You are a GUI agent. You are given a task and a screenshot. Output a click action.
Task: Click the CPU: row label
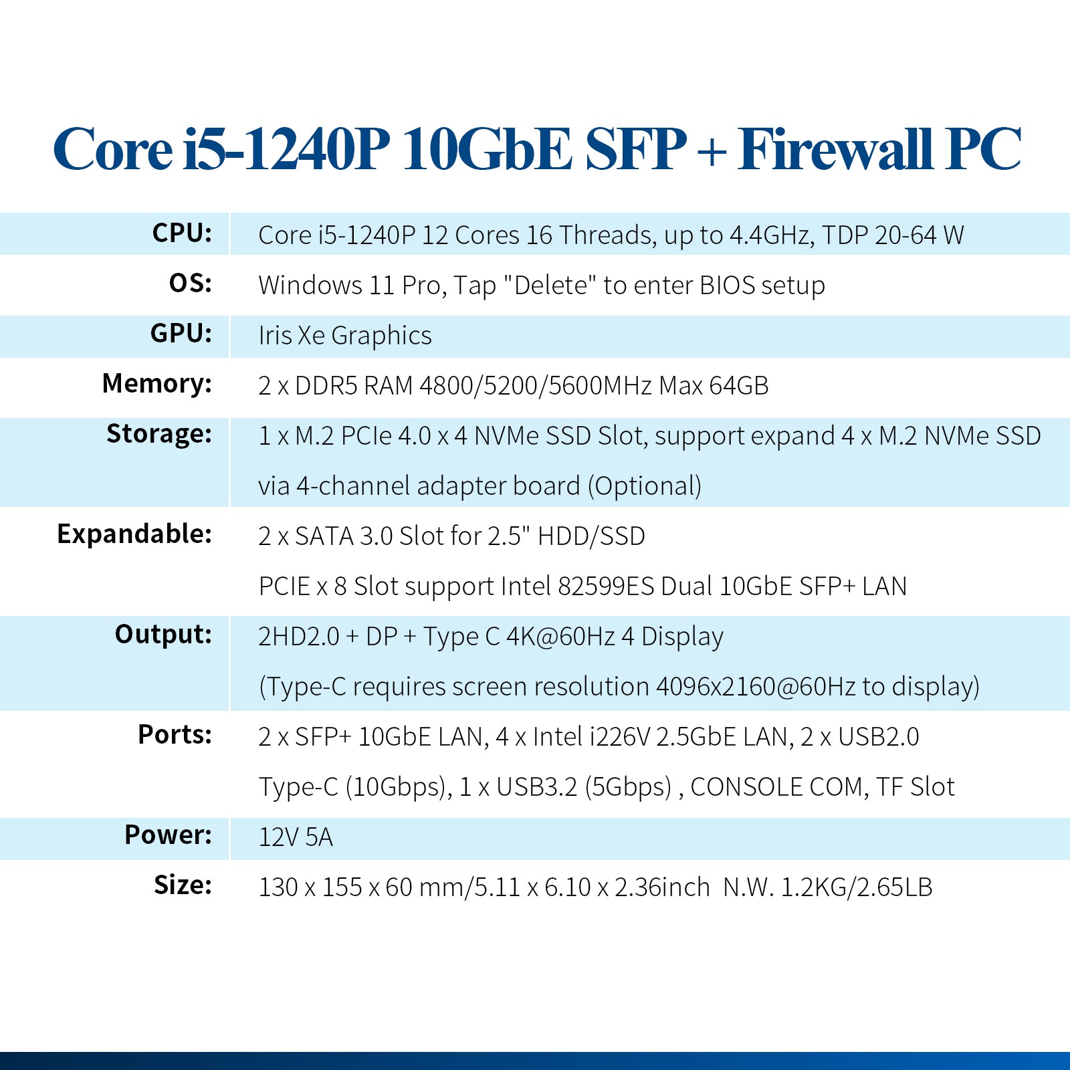tap(182, 233)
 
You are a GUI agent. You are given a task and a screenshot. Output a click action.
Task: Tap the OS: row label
tap(191, 283)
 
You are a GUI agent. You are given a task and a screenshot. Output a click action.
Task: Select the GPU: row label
tap(181, 333)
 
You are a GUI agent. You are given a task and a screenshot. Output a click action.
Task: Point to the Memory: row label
tap(157, 384)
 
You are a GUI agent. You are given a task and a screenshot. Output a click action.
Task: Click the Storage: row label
tap(159, 434)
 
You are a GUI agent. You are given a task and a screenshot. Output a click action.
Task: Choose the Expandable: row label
tap(134, 534)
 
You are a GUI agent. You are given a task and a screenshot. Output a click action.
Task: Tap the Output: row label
tap(163, 634)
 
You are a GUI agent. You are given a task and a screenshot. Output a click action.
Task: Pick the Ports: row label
tap(175, 734)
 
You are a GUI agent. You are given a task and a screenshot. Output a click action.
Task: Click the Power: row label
tap(169, 835)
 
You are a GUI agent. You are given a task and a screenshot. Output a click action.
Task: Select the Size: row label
tap(183, 885)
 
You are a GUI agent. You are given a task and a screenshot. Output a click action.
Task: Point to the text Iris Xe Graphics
tap(345, 336)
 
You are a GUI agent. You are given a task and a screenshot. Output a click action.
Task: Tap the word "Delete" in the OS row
tap(550, 285)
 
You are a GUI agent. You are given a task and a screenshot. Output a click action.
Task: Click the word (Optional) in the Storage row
tap(645, 486)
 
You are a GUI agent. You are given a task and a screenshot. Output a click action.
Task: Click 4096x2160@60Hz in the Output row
tap(756, 687)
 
